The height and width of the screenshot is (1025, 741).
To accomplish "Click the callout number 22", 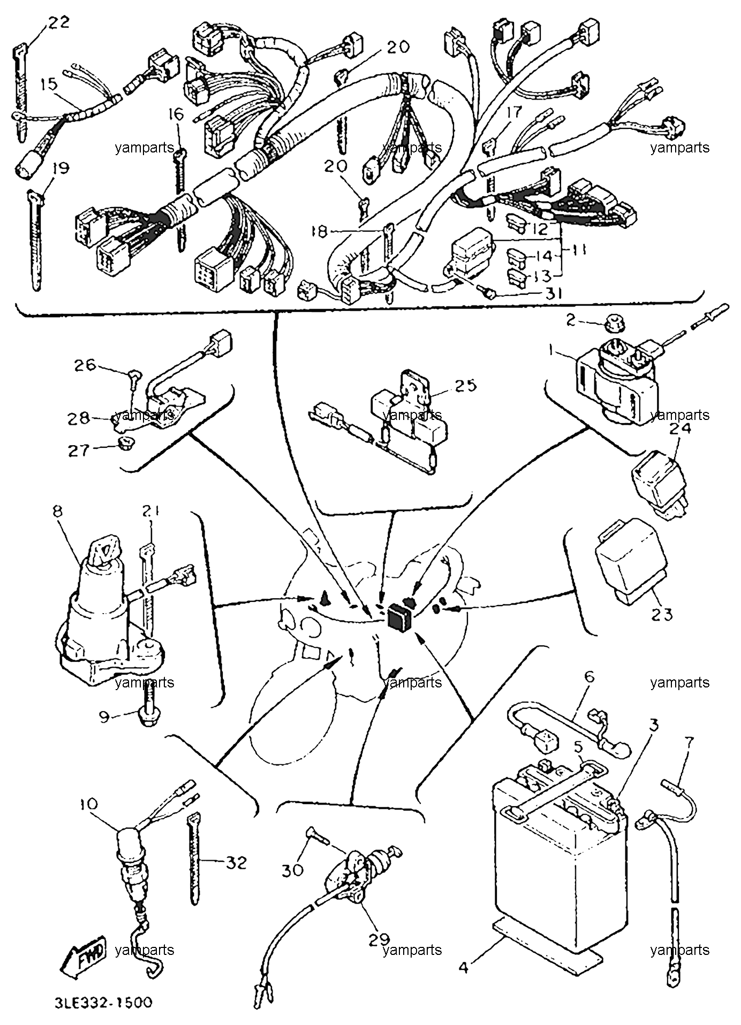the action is point(59,23).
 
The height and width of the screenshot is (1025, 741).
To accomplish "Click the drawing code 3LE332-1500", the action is point(103,1002).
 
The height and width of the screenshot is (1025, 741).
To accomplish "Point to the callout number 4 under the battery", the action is point(464,968).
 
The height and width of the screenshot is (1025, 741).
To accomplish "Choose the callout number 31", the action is point(553,294).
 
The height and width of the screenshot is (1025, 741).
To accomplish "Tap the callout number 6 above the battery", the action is point(589,677).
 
